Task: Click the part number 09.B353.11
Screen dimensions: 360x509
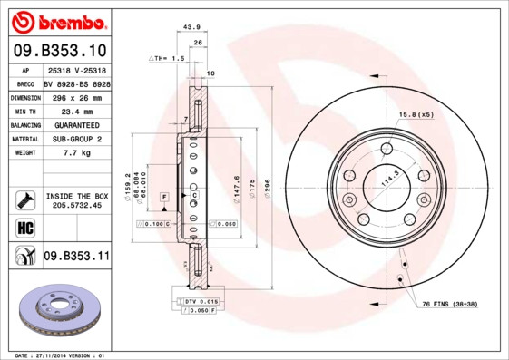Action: coord(76,257)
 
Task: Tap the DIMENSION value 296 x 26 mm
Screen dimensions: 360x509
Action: coord(76,96)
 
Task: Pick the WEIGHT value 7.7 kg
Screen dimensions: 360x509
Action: coord(76,153)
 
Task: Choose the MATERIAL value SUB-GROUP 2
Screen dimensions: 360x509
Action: coord(76,139)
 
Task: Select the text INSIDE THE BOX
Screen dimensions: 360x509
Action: coord(76,196)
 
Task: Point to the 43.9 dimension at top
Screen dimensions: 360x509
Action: coord(191,27)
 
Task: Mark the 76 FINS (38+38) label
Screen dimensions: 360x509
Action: coord(449,304)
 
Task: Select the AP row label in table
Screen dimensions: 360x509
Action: coord(25,69)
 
